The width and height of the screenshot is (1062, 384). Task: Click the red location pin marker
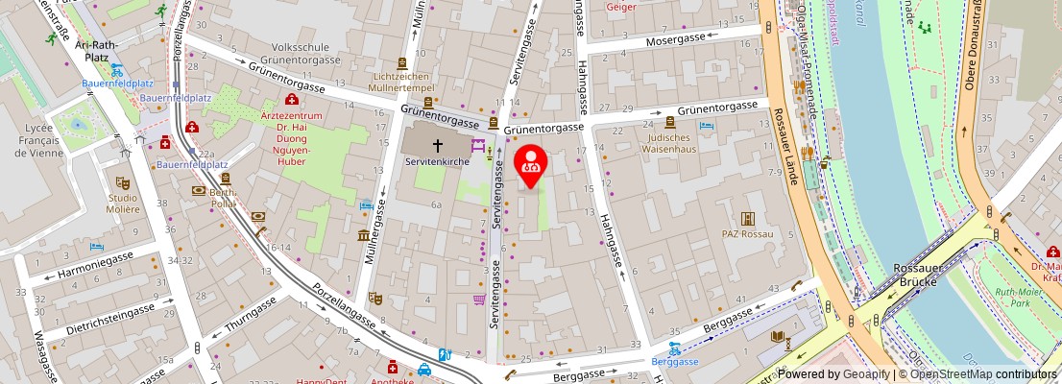pyautogui.click(x=531, y=165)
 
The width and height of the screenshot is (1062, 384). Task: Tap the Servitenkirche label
pyautogui.click(x=438, y=161)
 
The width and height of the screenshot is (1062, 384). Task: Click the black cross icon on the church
pyautogui.click(x=438, y=145)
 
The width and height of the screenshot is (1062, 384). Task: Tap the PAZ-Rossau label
pyautogui.click(x=748, y=233)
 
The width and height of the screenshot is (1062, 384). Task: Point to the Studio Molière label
pyautogui.click(x=123, y=203)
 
